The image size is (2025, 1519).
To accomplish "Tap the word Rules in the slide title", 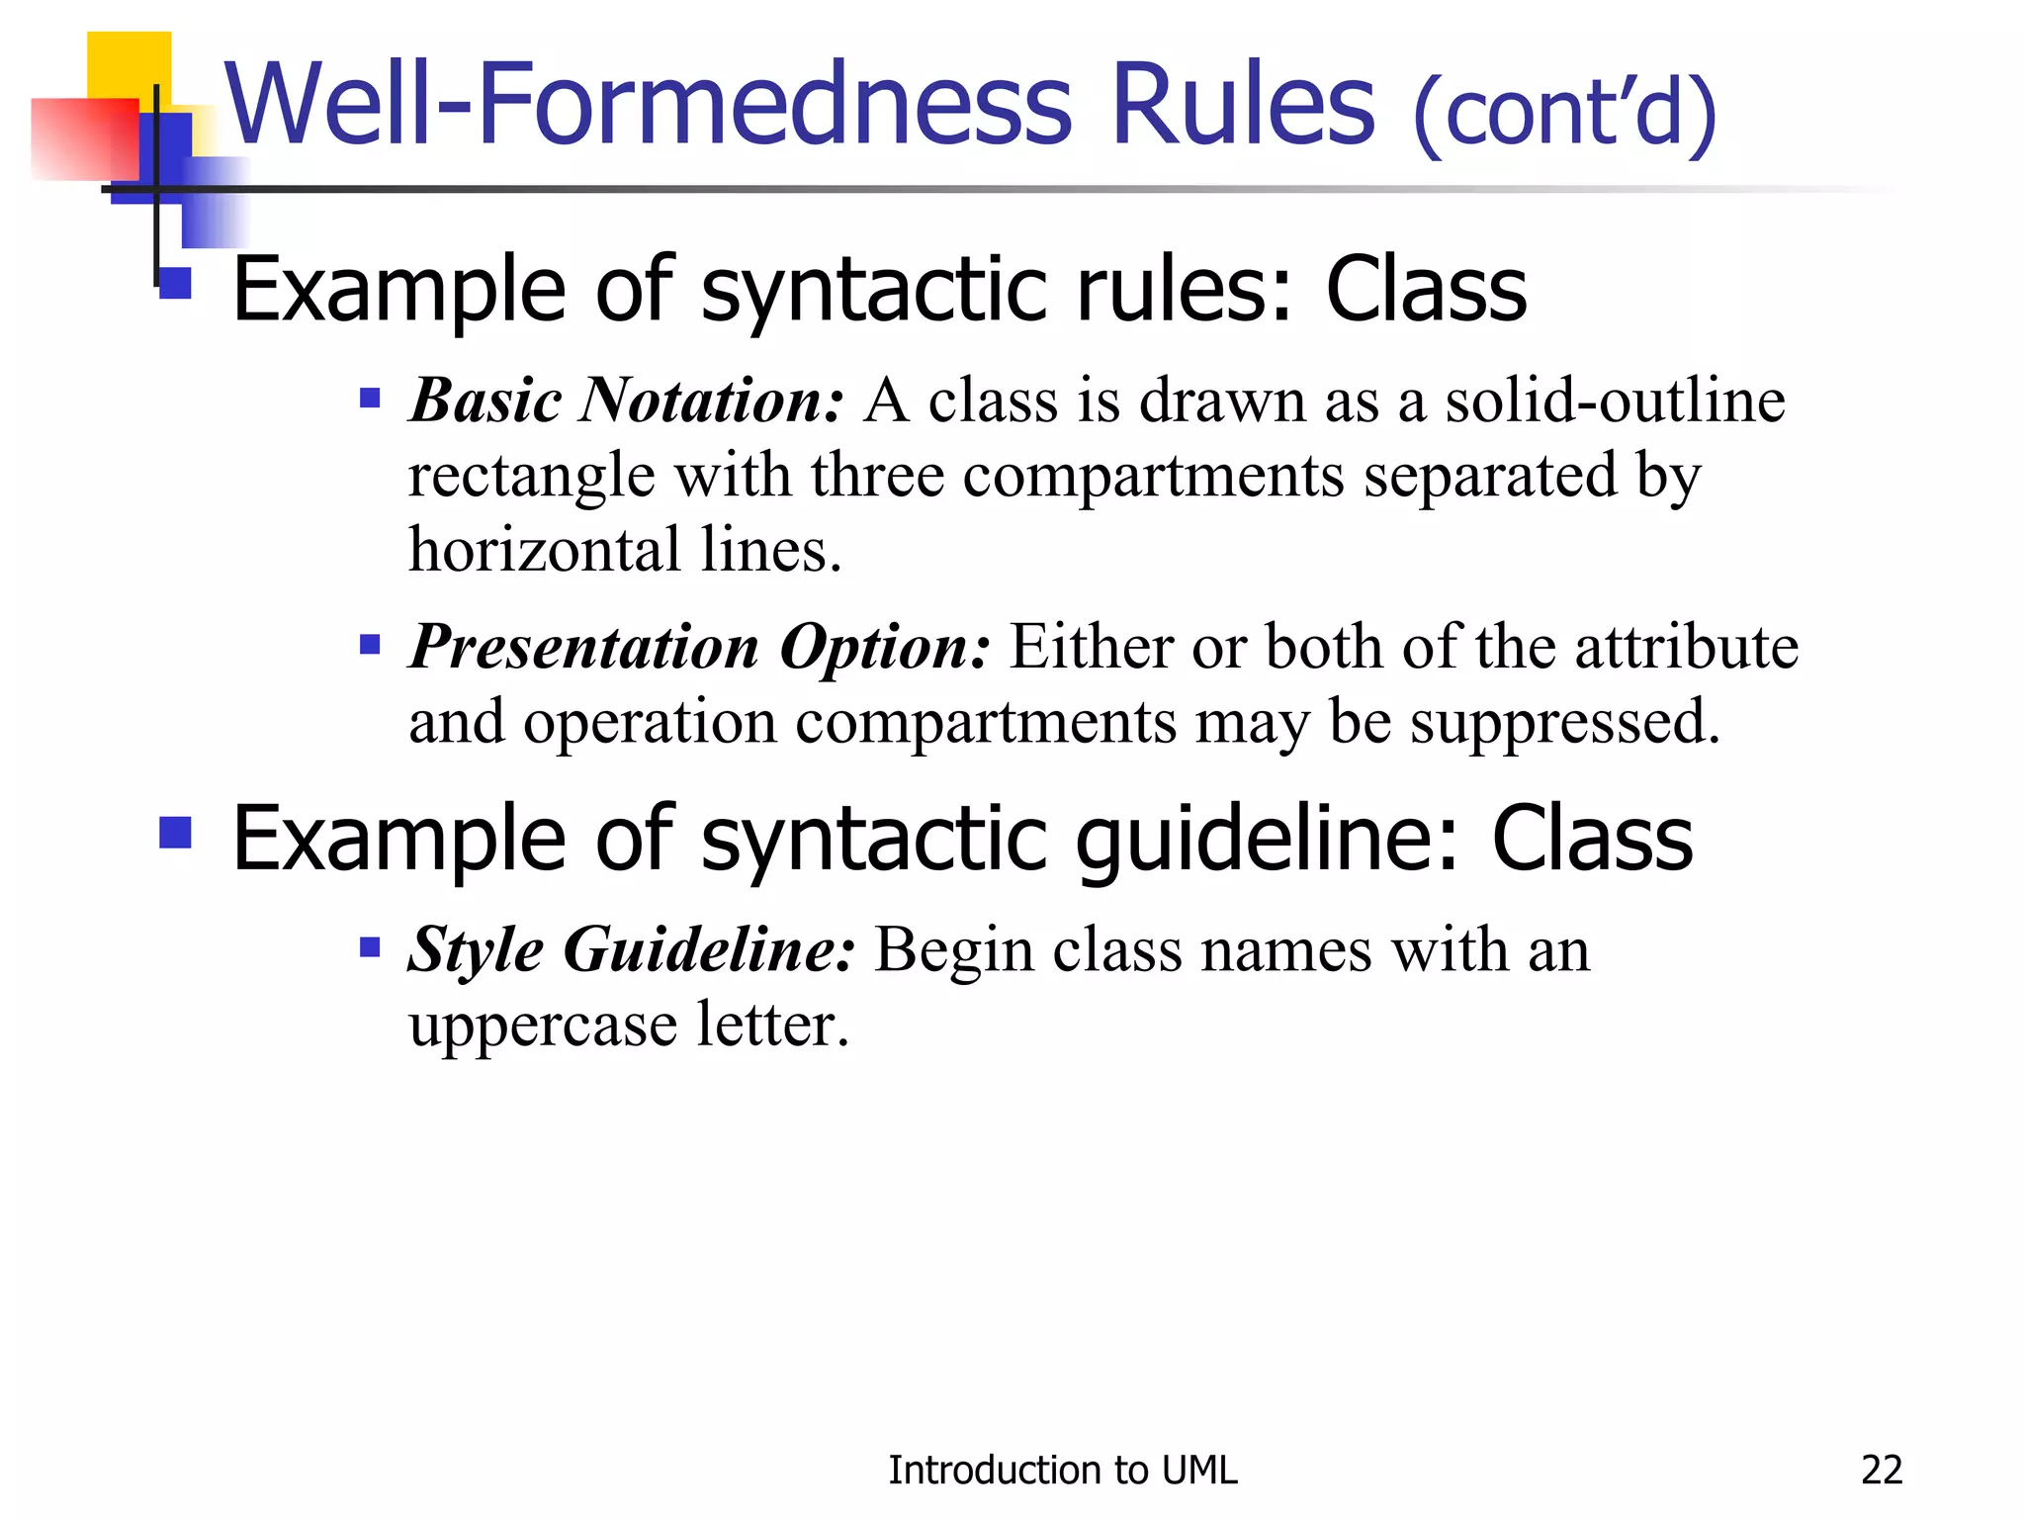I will coord(1242,104).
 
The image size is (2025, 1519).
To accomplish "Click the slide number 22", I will coord(1881,1471).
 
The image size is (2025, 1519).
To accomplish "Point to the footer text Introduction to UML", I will coord(1062,1471).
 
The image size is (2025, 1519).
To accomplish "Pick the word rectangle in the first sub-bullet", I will coord(531,477).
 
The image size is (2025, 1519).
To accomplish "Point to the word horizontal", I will coord(545,550).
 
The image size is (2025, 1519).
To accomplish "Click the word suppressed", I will coord(1564,722).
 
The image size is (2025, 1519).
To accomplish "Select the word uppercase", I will coord(543,1025).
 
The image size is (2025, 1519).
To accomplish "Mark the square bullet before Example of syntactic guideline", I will coord(175,833).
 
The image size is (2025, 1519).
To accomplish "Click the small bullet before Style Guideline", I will coord(370,948).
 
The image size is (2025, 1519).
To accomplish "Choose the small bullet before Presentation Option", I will coord(370,646).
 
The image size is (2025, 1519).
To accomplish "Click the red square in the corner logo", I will coord(84,138).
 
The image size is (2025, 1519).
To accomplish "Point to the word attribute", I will coord(1686,647).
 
